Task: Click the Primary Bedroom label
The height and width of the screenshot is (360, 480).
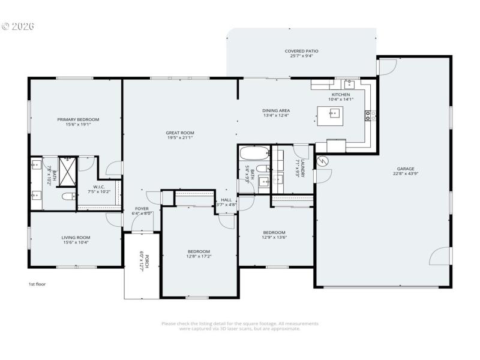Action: tap(78, 119)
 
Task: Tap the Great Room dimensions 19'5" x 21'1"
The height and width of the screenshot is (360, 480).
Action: tap(180, 137)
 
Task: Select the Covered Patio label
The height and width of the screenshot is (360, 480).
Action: tap(301, 51)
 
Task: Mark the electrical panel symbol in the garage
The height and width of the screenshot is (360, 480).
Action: tap(322, 161)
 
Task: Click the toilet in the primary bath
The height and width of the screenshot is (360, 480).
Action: tap(67, 196)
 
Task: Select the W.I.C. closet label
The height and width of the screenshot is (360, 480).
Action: tap(100, 186)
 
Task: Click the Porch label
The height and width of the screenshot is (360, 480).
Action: tap(142, 263)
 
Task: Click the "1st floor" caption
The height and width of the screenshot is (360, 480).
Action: tap(37, 284)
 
